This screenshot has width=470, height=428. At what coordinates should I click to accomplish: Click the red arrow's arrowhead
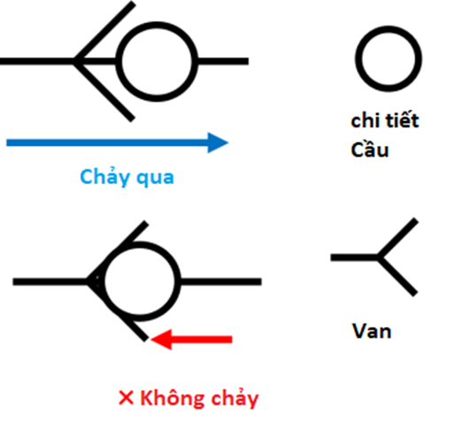[161, 340]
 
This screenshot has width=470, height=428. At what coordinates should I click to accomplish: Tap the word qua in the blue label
[155, 179]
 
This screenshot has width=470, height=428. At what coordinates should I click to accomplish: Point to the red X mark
[126, 398]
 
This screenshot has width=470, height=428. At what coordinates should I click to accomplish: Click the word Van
[372, 331]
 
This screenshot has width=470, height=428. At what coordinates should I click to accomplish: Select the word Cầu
[370, 149]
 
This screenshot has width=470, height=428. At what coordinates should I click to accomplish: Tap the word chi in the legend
[365, 120]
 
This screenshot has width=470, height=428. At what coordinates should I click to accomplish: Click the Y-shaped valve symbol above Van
[378, 257]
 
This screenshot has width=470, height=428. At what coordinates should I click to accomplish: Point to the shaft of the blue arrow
[107, 142]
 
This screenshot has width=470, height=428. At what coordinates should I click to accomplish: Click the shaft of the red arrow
[202, 340]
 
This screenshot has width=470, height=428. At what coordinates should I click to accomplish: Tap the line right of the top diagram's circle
[223, 61]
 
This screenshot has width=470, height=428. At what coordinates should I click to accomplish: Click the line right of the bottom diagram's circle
[221, 281]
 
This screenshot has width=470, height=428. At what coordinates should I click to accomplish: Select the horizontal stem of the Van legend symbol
[354, 257]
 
